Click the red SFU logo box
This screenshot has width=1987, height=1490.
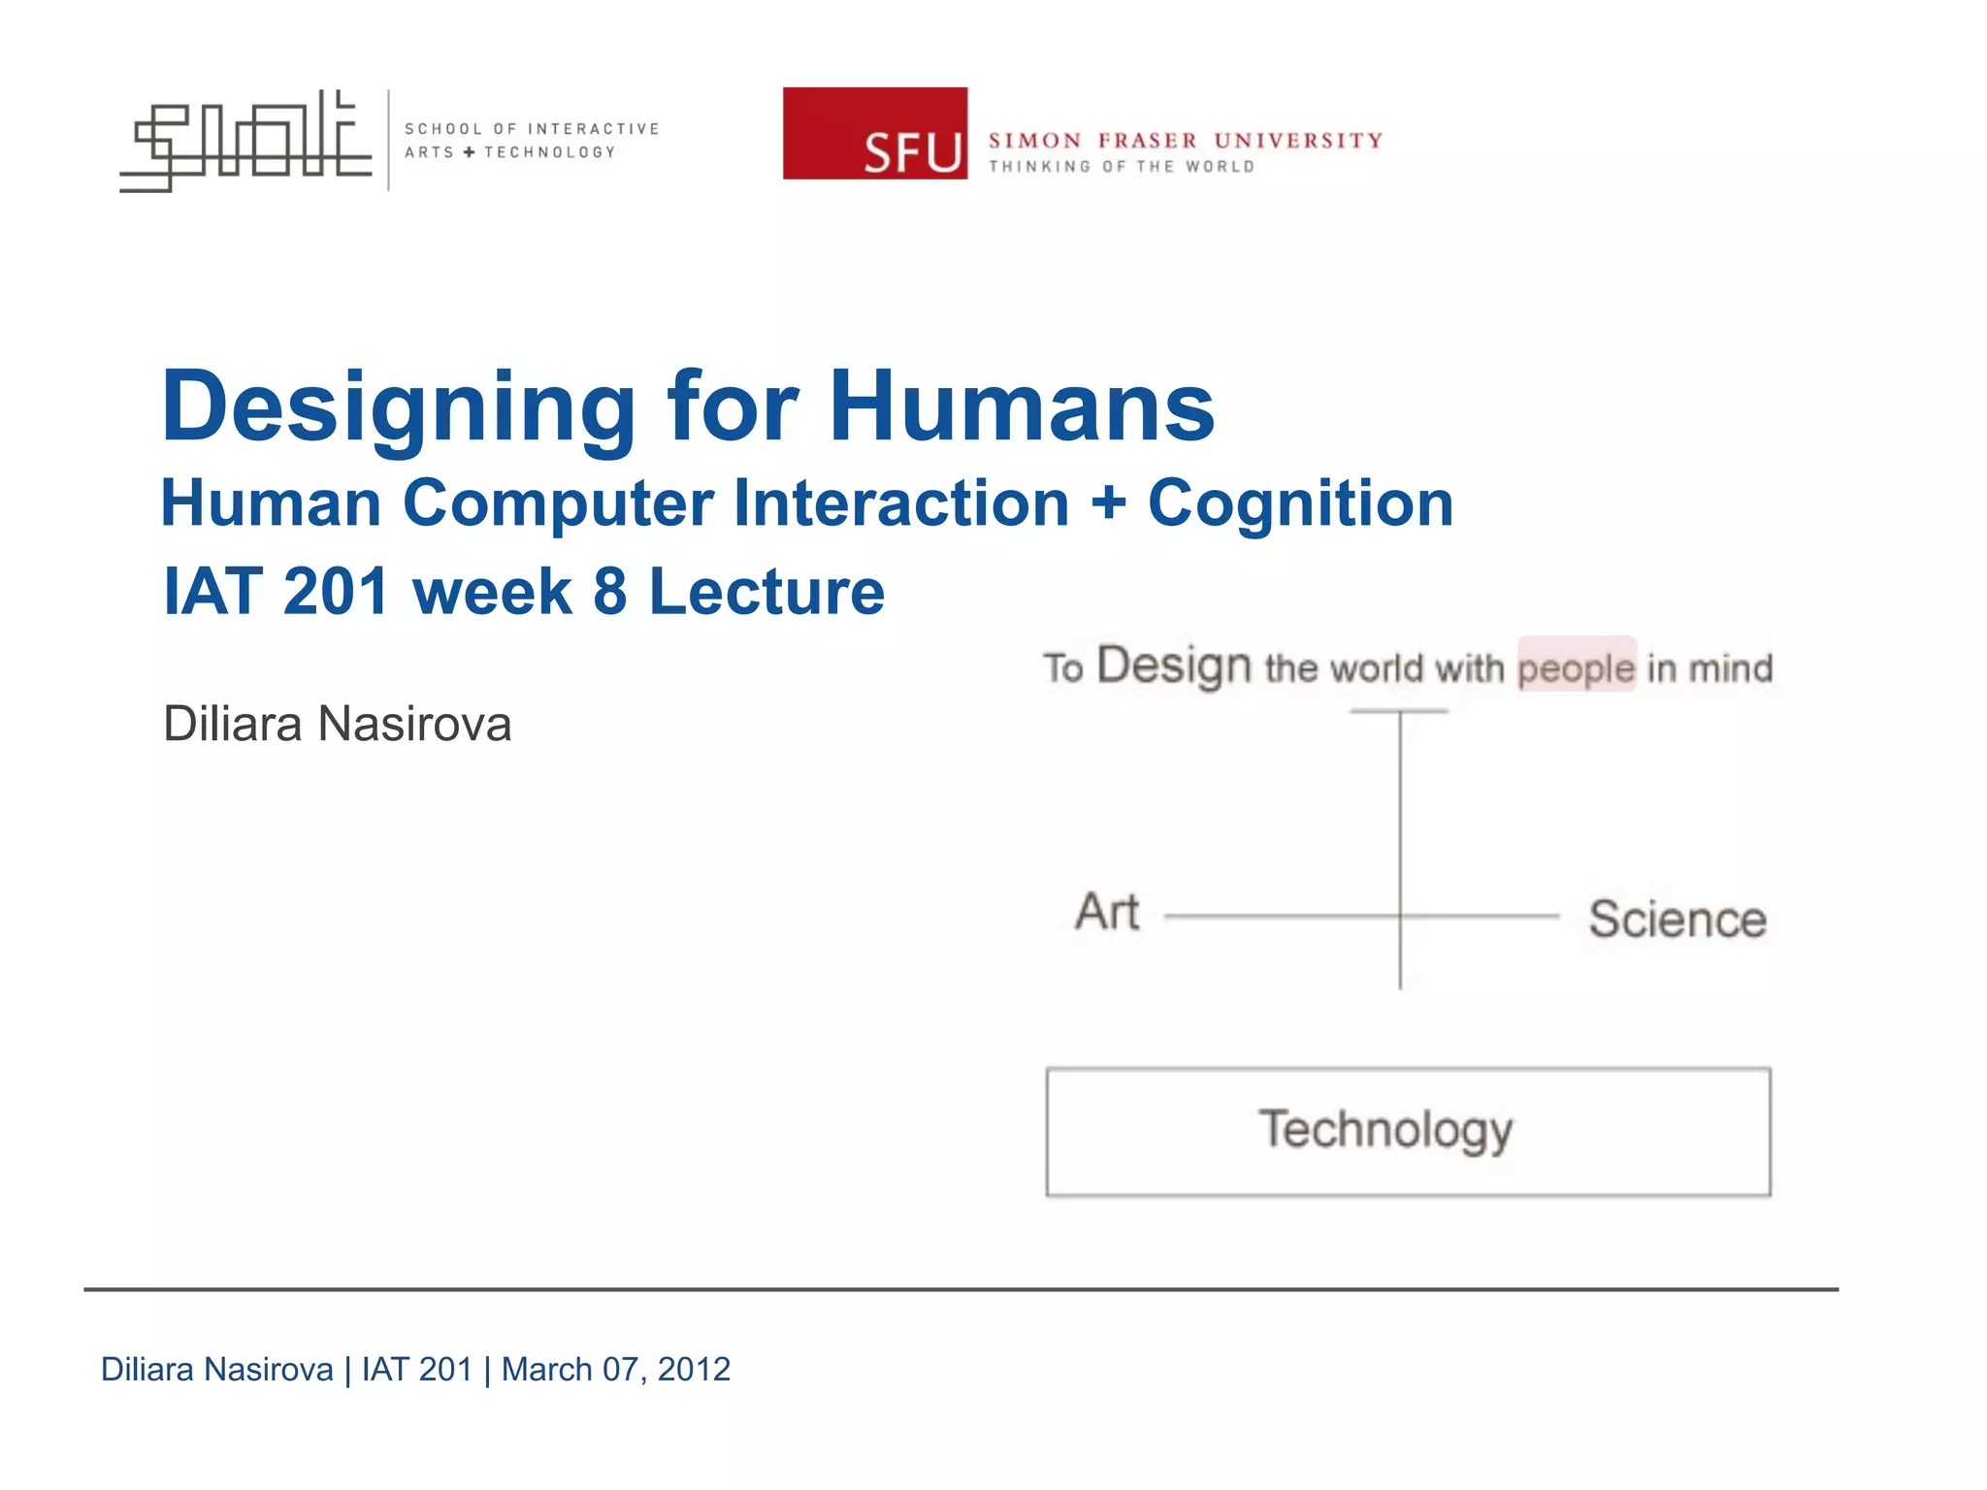point(874,133)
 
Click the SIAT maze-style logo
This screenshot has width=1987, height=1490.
point(245,141)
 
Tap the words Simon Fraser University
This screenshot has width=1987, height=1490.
point(1185,141)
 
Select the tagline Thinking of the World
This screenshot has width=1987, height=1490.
point(1122,167)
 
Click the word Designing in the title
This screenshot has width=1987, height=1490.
point(398,407)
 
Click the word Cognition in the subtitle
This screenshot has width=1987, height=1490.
point(1300,503)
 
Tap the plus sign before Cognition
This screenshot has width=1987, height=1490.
point(1108,505)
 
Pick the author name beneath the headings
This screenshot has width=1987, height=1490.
point(337,724)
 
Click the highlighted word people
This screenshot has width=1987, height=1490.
point(1576,667)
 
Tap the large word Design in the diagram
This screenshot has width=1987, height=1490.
point(1174,666)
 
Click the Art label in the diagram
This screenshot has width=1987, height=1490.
point(1106,912)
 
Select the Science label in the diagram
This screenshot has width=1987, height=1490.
point(1677,919)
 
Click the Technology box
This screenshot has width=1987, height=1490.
point(1407,1131)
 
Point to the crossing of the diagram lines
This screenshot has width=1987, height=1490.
point(1400,915)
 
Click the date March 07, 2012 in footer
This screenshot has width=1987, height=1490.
point(615,1369)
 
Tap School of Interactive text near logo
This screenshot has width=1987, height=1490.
point(531,129)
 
